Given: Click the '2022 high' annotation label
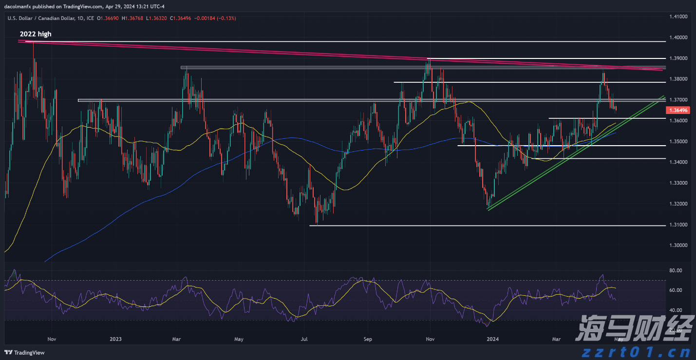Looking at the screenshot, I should [x=35, y=34].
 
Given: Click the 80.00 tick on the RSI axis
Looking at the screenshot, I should [x=675, y=270].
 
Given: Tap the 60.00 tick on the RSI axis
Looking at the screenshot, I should [x=675, y=290].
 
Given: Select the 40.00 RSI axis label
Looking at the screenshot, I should [x=675, y=310].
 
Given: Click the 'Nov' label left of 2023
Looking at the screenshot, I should [x=52, y=339].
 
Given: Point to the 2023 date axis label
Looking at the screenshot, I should [x=116, y=339].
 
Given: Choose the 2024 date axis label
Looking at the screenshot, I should [x=493, y=339].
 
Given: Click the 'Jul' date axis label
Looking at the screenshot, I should [x=304, y=339].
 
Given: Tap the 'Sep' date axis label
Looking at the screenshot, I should [x=368, y=339].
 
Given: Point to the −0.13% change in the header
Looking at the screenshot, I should [x=226, y=18].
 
